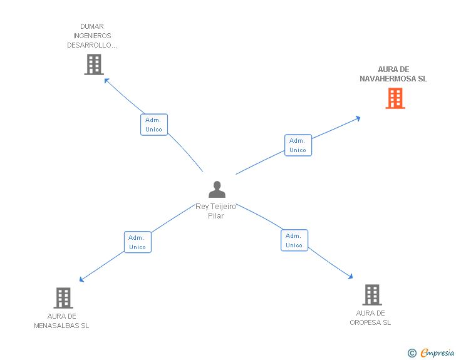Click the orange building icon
pyautogui.click(x=395, y=98)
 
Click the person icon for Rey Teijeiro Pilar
pyautogui.click(x=217, y=189)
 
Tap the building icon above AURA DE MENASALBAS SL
pyautogui.click(x=63, y=298)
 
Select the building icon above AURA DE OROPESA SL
pyautogui.click(x=372, y=295)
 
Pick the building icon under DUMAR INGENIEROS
pyautogui.click(x=94, y=64)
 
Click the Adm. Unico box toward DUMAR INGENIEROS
pyautogui.click(x=154, y=125)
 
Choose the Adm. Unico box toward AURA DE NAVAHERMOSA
pyautogui.click(x=298, y=145)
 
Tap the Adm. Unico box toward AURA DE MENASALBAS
pyautogui.click(x=138, y=242)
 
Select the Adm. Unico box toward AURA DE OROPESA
pyautogui.click(x=294, y=240)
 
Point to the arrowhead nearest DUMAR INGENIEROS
pyautogui.click(x=106, y=81)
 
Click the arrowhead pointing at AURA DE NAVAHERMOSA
pyautogui.click(x=358, y=118)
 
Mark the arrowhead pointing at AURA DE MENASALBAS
pyautogui.click(x=81, y=280)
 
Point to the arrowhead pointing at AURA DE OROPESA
pyautogui.click(x=350, y=277)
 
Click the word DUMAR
pyautogui.click(x=92, y=26)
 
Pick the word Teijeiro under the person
pyautogui.click(x=223, y=207)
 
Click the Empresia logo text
pyautogui.click(x=437, y=352)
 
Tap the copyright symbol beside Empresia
pyautogui.click(x=412, y=353)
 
